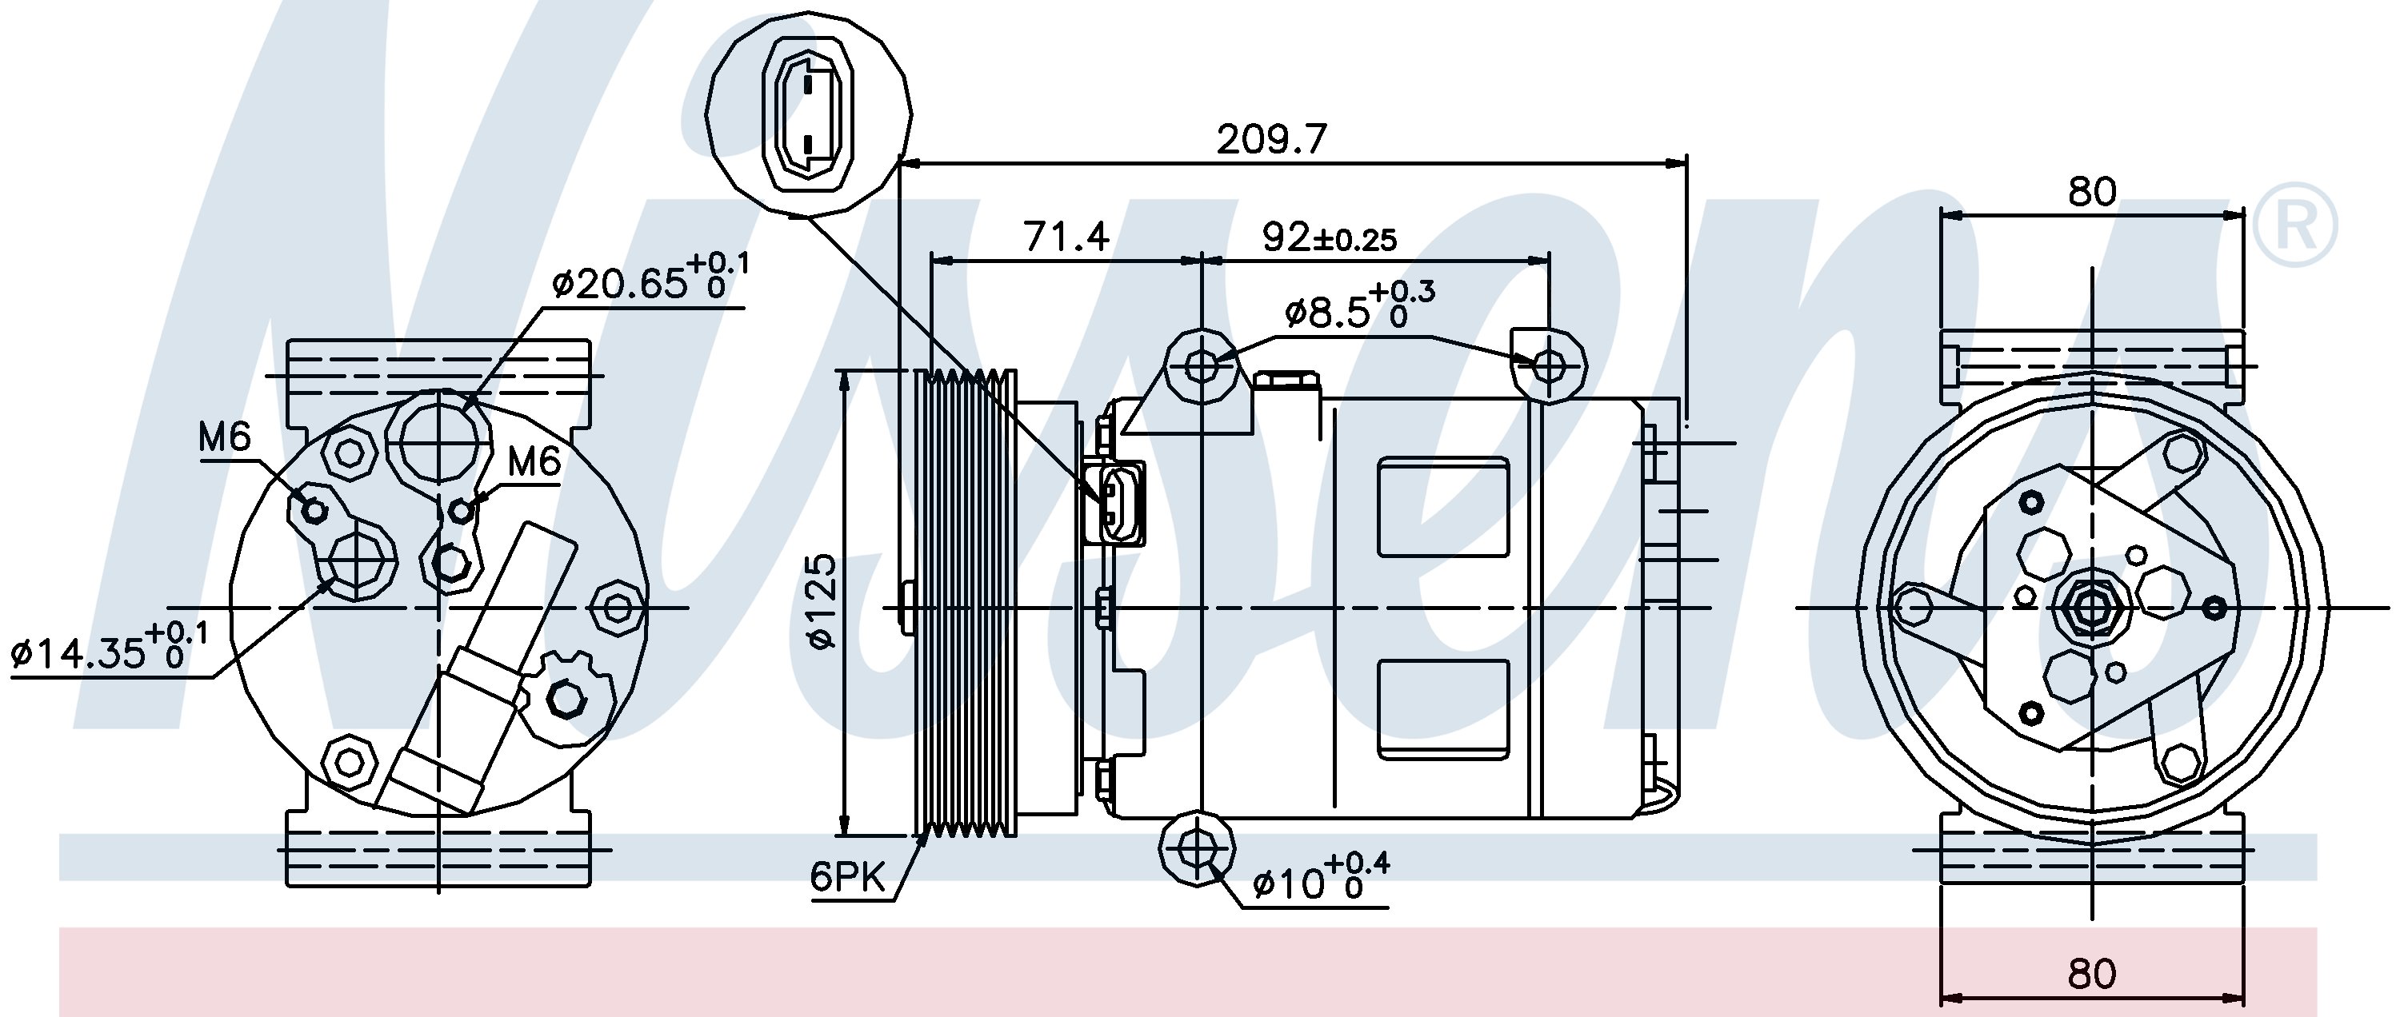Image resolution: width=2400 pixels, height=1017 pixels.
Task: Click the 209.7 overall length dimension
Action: tap(1271, 140)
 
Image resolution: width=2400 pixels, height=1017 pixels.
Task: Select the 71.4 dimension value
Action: tap(1066, 237)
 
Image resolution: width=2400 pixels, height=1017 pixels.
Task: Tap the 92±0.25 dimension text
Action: tap(1330, 238)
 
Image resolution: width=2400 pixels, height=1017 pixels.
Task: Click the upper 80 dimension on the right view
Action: tap(2092, 192)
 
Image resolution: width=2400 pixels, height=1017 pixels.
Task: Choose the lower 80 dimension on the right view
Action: tap(2092, 974)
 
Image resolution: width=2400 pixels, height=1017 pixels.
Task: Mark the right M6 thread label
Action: tap(534, 461)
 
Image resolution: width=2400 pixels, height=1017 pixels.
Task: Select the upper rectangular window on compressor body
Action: tap(1442, 506)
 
